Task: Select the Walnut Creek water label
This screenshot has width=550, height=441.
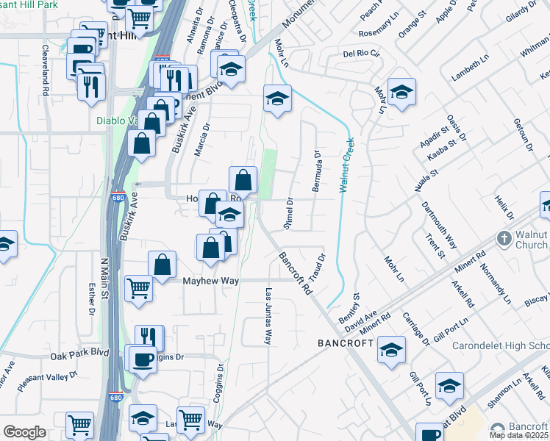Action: (346, 165)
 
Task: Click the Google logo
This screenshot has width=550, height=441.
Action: (24, 432)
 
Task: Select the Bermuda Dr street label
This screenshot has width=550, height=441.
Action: (317, 171)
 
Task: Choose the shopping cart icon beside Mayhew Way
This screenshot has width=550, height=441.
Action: (138, 288)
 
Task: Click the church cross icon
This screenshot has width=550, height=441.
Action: (504, 238)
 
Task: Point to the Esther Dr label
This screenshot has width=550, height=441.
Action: (92, 300)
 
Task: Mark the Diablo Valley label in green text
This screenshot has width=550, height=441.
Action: (118, 122)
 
